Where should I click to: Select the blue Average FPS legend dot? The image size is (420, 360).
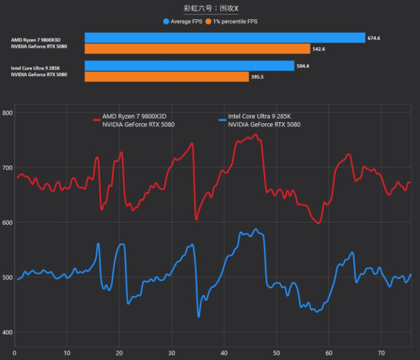166,22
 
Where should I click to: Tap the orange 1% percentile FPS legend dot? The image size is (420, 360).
208,22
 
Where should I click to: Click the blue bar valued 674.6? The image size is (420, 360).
225,38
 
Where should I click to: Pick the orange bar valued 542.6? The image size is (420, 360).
197,48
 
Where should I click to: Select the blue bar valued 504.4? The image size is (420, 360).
189,66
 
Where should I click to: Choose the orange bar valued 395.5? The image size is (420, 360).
166,76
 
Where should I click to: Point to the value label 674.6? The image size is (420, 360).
374,38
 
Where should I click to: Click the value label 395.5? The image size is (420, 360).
257,76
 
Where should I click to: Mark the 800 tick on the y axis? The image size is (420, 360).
7,113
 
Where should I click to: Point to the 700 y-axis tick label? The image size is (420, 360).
7,168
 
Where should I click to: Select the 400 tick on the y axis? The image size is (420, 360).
7,333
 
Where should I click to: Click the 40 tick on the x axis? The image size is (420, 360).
224,353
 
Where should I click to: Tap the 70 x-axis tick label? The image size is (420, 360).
381,353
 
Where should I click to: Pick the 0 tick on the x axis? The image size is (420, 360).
15,353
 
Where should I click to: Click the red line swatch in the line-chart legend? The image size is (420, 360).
97,120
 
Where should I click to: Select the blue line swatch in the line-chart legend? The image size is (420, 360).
222,120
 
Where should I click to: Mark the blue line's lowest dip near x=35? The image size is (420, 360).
199,317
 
